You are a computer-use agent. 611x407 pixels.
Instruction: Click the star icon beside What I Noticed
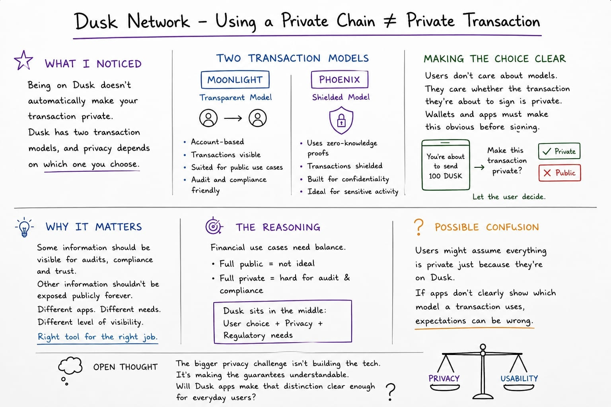23,60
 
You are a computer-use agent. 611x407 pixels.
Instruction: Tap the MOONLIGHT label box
235,79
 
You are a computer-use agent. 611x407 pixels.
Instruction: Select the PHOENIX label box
340,79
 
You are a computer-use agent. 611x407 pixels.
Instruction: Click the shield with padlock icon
341,120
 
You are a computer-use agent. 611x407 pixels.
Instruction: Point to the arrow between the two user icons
233,118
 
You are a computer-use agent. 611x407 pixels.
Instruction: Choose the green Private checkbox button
559,151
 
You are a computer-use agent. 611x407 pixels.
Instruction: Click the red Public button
560,173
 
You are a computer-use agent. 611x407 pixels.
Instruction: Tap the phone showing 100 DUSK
446,165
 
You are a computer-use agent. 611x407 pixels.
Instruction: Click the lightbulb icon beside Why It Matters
24,227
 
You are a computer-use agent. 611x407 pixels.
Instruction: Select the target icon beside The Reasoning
214,226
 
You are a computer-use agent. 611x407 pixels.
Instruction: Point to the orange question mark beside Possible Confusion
419,227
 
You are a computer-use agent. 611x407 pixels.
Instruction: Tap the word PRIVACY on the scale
444,378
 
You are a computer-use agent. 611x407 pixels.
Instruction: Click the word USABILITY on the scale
519,378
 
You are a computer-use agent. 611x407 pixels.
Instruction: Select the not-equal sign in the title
390,21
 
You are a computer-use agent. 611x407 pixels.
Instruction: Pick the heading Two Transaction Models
292,58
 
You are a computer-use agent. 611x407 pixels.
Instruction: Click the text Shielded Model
341,97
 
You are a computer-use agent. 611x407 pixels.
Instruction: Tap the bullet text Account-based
218,142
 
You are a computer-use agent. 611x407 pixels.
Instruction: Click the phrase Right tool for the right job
97,337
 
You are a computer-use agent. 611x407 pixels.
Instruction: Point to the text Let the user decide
509,197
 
